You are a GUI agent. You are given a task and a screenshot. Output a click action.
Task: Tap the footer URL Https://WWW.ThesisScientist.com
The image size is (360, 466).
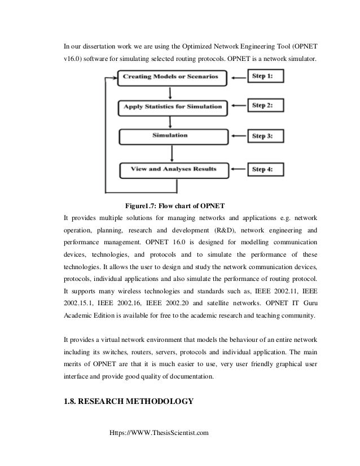coord(159,433)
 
